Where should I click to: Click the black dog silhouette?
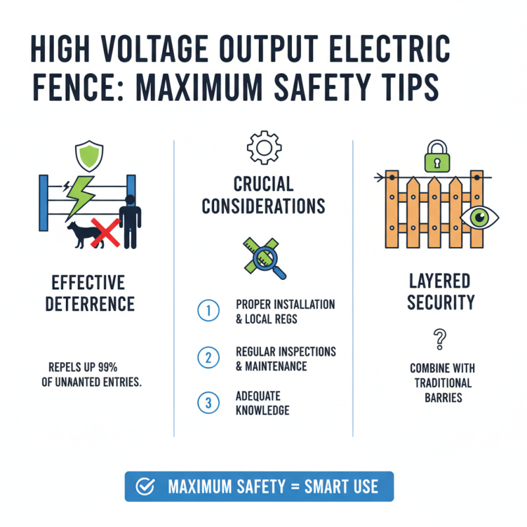pyautogui.click(x=82, y=235)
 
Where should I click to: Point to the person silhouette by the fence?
pyautogui.click(x=130, y=221)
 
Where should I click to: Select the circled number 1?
pyautogui.click(x=208, y=311)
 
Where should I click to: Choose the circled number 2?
pyautogui.click(x=208, y=357)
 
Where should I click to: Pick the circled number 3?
pyautogui.click(x=208, y=403)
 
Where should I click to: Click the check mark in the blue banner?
pyautogui.click(x=144, y=487)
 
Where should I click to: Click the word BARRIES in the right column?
pyautogui.click(x=438, y=398)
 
